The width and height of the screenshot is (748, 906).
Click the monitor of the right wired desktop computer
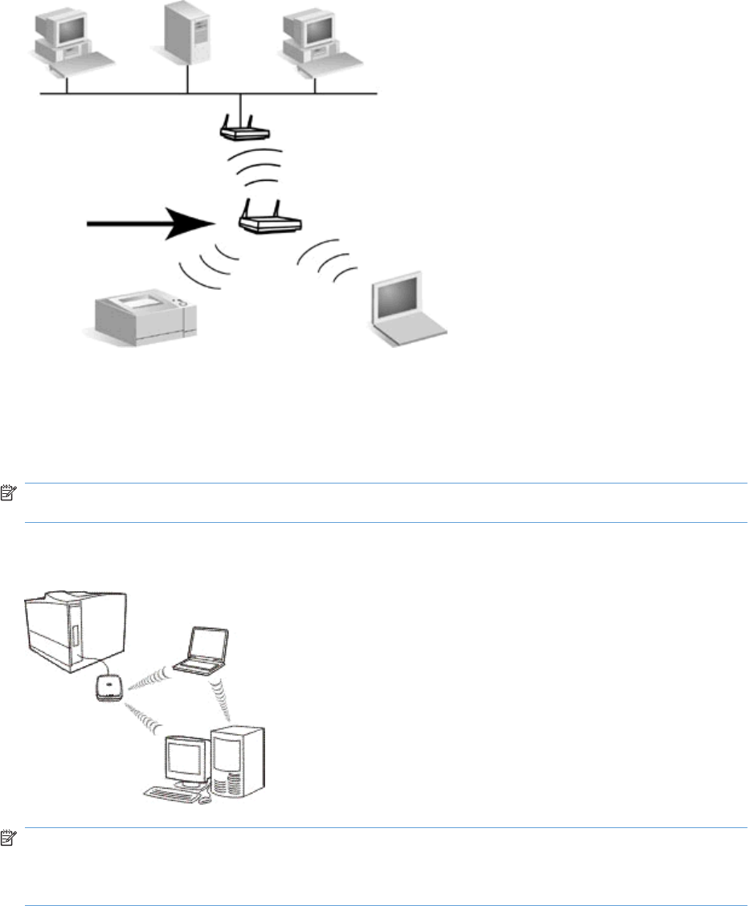click(313, 27)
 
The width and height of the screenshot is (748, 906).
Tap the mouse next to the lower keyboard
click(206, 798)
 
